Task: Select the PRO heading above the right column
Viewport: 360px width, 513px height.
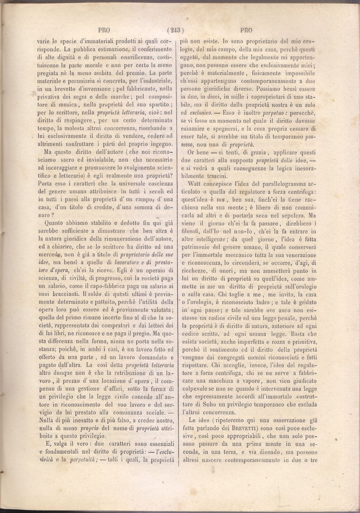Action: [246, 29]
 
